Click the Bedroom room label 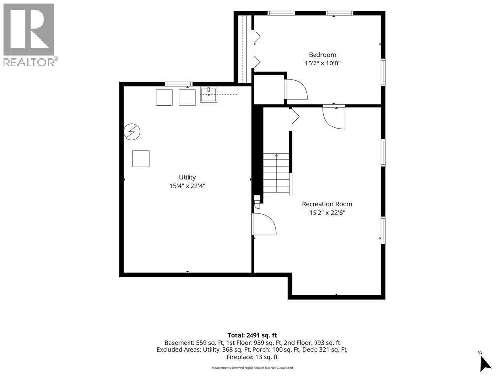322,55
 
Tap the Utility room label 187,177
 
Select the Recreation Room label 327,204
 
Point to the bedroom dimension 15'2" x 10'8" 322,63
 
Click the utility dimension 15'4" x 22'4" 187,186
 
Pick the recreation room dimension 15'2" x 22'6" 327,213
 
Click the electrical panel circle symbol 132,132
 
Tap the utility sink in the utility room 209,94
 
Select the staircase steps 277,173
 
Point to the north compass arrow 486,364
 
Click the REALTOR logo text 29,62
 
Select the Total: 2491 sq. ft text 252,335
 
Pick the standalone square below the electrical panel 141,159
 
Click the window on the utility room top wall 179,84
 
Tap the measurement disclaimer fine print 252,367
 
